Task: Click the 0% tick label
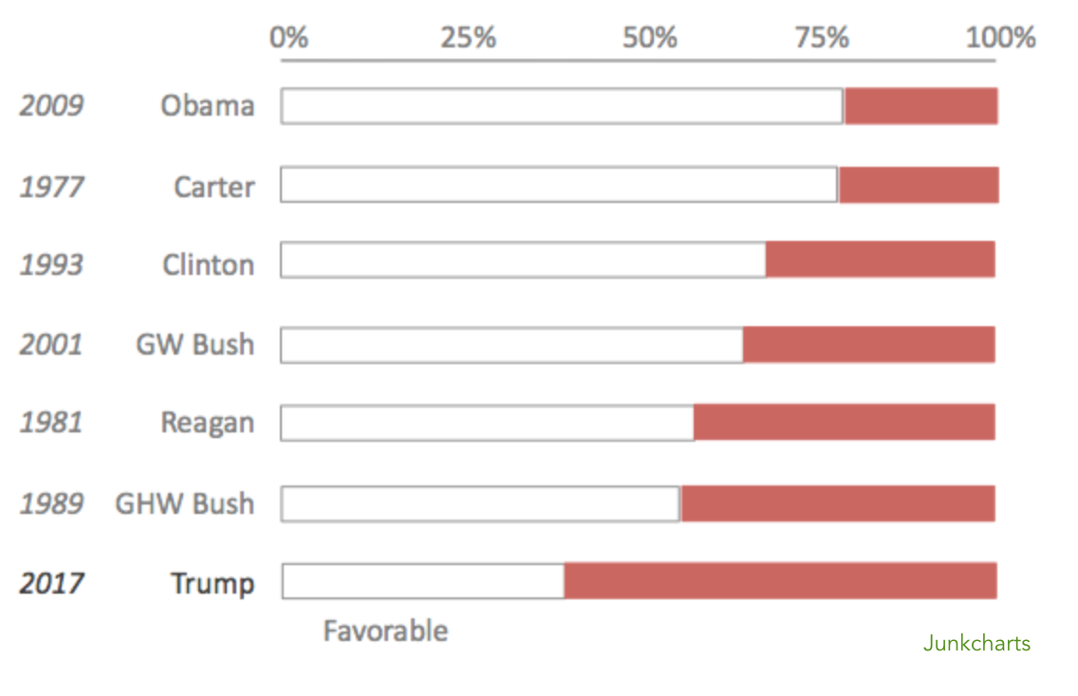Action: click(x=288, y=38)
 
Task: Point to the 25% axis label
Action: click(x=468, y=38)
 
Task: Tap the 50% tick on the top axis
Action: click(x=650, y=38)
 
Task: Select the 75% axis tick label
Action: click(x=821, y=38)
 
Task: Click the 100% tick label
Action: click(x=1000, y=38)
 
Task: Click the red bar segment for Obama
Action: click(x=920, y=106)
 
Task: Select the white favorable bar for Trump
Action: click(x=423, y=580)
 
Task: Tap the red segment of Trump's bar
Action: click(x=780, y=580)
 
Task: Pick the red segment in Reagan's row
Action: click(x=844, y=422)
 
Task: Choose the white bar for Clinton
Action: click(x=523, y=260)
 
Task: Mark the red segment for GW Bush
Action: click(x=868, y=344)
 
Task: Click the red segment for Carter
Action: click(x=918, y=185)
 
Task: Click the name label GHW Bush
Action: click(x=184, y=503)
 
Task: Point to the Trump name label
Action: click(x=213, y=583)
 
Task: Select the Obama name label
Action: click(x=207, y=105)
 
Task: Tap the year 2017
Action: click(x=51, y=583)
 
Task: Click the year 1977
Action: click(x=51, y=187)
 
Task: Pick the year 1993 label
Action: click(x=51, y=265)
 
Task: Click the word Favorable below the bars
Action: click(x=385, y=632)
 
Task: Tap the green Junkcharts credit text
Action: click(x=976, y=644)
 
